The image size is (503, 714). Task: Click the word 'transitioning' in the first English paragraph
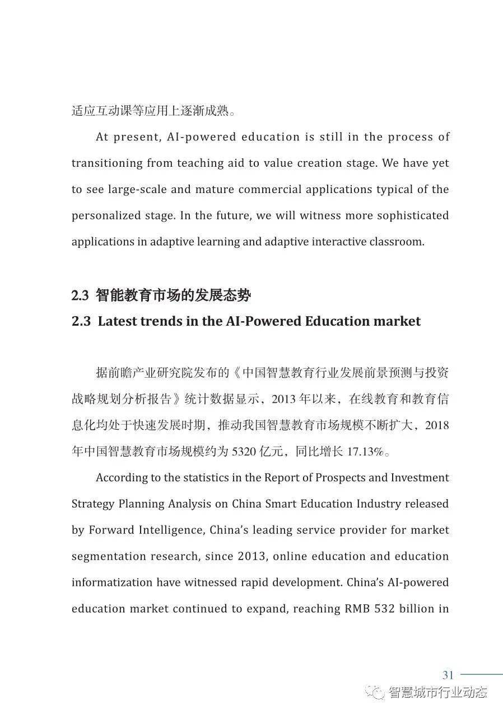(x=107, y=163)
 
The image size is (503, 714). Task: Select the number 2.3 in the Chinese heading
(x=81, y=295)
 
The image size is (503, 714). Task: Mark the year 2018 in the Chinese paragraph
(x=437, y=426)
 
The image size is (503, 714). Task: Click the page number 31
(x=448, y=674)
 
